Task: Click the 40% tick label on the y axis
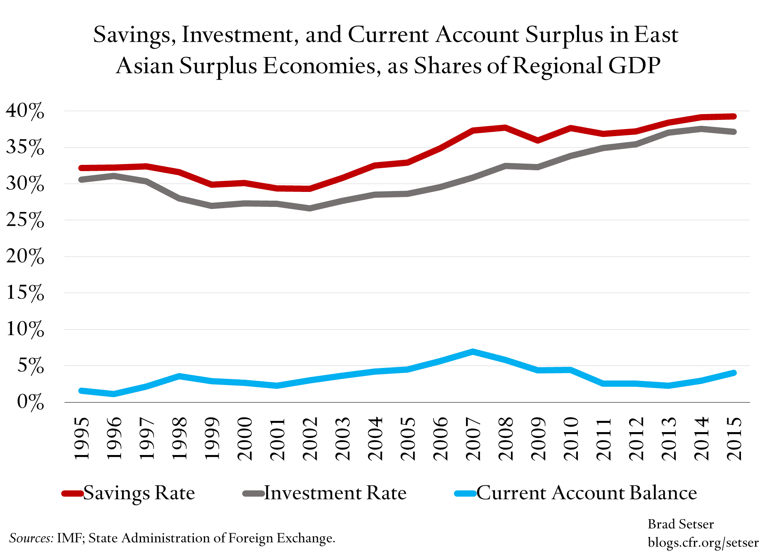[25, 111]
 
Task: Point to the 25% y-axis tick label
[25, 221]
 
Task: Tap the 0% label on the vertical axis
[30, 403]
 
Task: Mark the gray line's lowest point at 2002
[310, 208]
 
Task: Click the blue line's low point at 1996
[114, 394]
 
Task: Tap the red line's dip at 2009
[538, 140]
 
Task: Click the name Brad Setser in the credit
[681, 524]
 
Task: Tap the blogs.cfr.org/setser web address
[703, 542]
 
